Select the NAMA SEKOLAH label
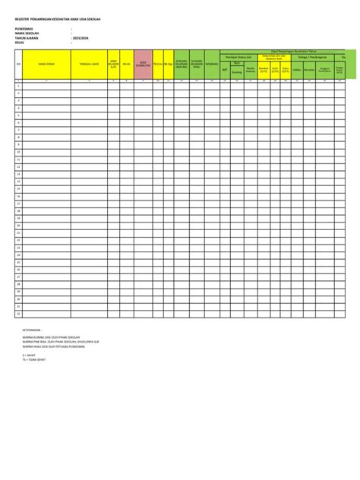27,33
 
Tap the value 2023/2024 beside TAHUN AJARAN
81,38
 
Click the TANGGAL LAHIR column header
90,65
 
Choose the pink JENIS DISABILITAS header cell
143,65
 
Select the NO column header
18,65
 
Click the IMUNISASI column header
212,65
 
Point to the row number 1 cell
18,87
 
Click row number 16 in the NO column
18,197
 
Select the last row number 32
18,313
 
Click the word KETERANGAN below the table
33,330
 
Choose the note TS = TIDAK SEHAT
33,359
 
